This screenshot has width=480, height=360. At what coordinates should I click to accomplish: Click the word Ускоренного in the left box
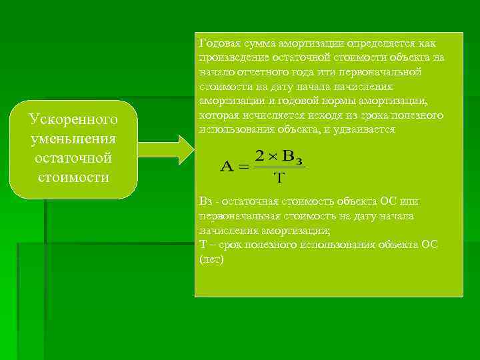coord(73,119)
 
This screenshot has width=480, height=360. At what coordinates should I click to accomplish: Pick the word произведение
coord(231,57)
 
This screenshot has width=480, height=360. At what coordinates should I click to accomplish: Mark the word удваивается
coord(365,130)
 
